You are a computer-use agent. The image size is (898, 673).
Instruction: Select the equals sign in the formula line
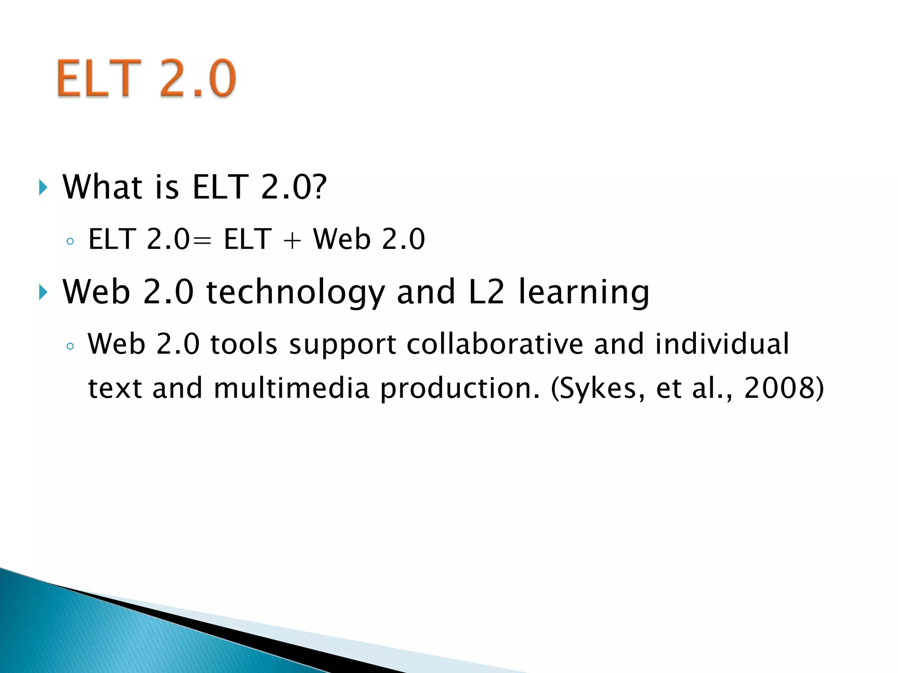(x=201, y=240)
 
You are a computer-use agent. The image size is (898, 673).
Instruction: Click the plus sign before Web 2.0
(x=292, y=240)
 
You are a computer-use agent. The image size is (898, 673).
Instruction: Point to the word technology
(x=296, y=292)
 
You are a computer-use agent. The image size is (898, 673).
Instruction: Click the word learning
(x=584, y=292)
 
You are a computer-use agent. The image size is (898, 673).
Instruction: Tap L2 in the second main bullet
(x=486, y=292)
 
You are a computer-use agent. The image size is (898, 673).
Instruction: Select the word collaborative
(x=495, y=344)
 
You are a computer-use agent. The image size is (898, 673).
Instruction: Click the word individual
(x=722, y=344)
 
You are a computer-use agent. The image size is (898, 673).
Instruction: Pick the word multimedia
(x=292, y=388)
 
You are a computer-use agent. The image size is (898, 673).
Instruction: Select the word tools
(x=244, y=344)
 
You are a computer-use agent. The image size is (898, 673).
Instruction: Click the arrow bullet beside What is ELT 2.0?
(x=43, y=188)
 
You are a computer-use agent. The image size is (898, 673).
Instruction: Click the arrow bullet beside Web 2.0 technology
(x=43, y=292)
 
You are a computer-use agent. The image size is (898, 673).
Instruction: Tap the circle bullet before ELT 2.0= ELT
(x=70, y=241)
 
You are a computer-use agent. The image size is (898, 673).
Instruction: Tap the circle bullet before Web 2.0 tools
(x=70, y=346)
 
